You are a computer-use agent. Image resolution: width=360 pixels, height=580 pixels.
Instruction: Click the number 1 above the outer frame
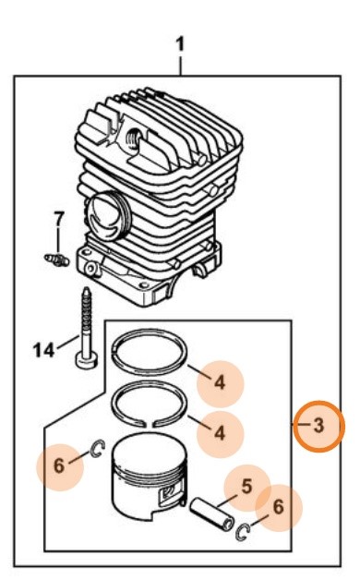[180, 44]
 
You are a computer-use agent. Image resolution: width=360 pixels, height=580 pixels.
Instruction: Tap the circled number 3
[318, 426]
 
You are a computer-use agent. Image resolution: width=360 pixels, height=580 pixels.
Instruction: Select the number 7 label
[58, 219]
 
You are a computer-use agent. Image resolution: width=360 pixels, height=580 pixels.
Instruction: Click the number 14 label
[43, 349]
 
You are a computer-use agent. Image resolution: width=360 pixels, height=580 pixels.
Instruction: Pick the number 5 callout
[246, 487]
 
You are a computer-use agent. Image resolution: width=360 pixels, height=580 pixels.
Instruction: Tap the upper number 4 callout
[220, 382]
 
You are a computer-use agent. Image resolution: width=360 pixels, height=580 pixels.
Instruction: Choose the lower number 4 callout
[220, 432]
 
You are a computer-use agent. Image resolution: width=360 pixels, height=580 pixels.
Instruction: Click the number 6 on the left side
[59, 465]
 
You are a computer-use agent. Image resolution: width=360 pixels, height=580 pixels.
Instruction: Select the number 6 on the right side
[279, 507]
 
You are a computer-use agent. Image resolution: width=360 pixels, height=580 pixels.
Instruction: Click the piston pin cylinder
[211, 515]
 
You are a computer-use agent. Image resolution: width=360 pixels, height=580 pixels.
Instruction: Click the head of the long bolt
[87, 360]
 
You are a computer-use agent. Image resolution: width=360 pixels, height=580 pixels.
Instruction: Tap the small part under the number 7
[56, 260]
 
